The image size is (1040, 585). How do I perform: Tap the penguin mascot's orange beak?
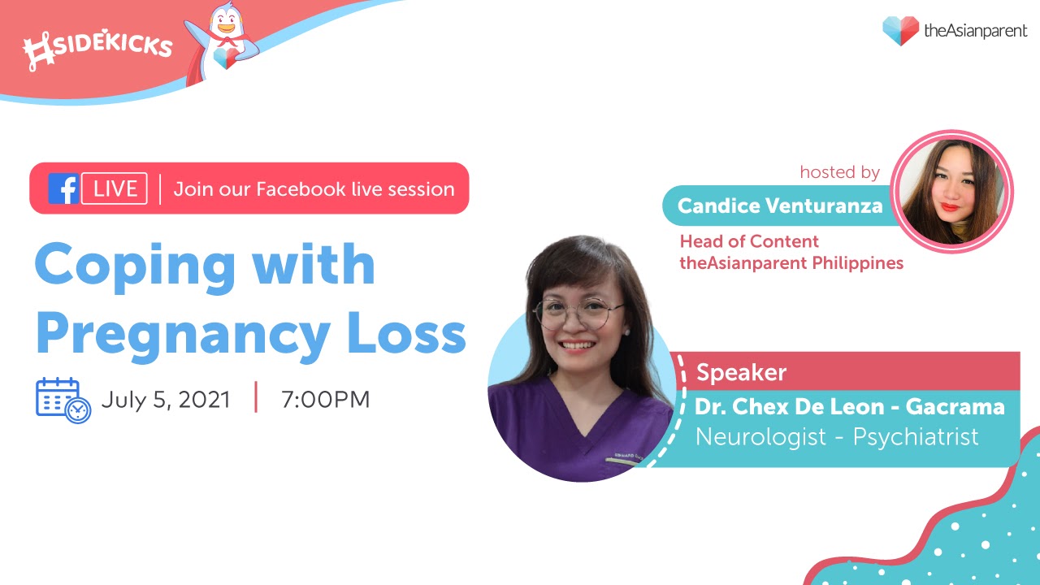226,28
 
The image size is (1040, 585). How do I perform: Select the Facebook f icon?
64,188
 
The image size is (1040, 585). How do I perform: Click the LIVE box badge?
115,188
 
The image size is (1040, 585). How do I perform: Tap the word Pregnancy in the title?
183,337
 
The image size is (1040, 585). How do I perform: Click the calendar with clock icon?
63,401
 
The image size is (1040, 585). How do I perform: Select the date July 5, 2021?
166,399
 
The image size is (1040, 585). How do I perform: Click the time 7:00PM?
326,399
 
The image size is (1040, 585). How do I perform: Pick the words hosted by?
840,172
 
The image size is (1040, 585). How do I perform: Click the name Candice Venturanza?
780,206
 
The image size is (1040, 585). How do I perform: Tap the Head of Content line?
749,241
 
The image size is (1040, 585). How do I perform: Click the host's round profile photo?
951,192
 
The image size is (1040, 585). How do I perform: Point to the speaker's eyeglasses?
578,313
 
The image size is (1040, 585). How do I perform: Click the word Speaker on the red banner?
742,372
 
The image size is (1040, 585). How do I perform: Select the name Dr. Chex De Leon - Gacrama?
850,407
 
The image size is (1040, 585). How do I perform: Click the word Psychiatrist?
916,437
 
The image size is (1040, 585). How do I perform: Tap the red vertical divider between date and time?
256,397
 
